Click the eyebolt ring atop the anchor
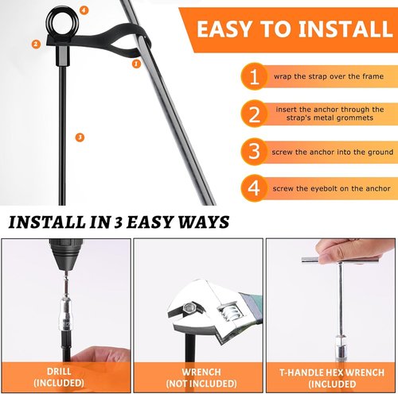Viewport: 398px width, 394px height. pos(49,21)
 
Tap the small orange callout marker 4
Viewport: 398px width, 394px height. pos(84,10)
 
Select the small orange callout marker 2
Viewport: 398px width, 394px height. pos(36,44)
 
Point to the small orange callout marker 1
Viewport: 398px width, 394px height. pos(136,64)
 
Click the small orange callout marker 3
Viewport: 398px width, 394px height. pos(80,137)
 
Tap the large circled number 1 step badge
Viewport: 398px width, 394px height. pos(254,76)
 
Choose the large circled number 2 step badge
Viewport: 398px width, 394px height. pos(254,114)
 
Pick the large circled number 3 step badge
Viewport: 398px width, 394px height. pos(254,151)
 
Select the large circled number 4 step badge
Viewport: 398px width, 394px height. pos(254,188)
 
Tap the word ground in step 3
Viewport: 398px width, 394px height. pos(380,153)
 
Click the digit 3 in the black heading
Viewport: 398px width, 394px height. pos(118,223)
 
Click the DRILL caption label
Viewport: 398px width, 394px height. pos(59,371)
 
